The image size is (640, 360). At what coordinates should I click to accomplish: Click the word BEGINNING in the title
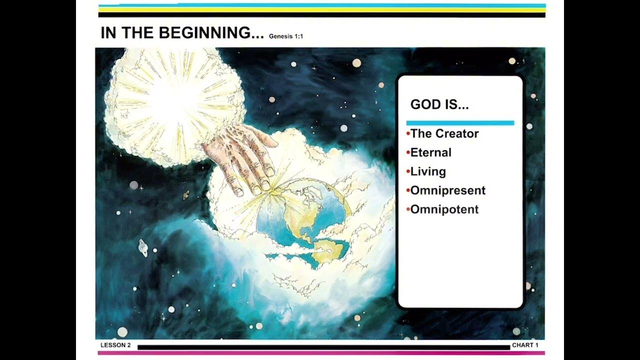210,33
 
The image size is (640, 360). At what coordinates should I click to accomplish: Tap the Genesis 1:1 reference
286,36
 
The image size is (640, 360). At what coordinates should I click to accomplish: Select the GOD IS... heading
439,104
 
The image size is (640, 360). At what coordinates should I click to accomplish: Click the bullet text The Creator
444,133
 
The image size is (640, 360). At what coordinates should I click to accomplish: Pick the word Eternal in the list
430,152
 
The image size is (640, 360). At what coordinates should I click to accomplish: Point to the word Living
428,171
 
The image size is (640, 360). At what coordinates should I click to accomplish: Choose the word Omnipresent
447,190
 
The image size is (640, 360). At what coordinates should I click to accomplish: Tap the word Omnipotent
444,209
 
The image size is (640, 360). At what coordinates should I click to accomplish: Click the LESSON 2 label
115,345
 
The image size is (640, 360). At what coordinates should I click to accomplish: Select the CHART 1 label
525,345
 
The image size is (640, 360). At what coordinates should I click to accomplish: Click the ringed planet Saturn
144,247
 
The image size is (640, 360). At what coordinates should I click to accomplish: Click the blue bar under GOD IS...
460,122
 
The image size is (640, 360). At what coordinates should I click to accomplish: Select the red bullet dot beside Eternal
408,152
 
